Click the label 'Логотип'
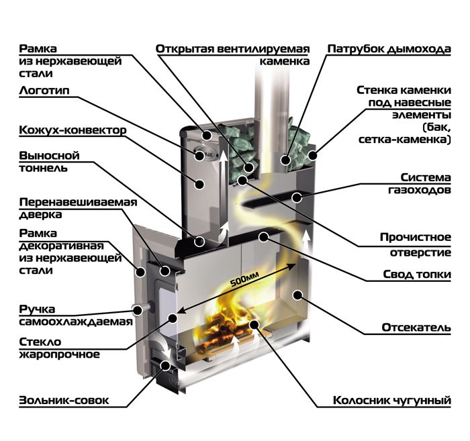pyautogui.click(x=44, y=91)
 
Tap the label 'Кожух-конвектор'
pyautogui.click(x=73, y=130)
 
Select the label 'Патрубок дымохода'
pyautogui.click(x=389, y=49)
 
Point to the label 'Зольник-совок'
pyautogui.click(x=64, y=400)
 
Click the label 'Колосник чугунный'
pyautogui.click(x=392, y=400)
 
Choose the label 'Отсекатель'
pyautogui.click(x=416, y=328)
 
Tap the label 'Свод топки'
pyautogui.click(x=417, y=274)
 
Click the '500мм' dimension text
pyautogui.click(x=244, y=279)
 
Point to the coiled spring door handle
pyautogui.click(x=141, y=308)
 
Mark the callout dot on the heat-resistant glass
pyautogui.click(x=173, y=318)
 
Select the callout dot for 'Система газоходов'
pyautogui.click(x=297, y=197)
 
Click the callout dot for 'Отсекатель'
pyautogui.click(x=297, y=295)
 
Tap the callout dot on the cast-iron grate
pyautogui.click(x=254, y=324)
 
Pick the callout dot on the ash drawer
pyautogui.click(x=165, y=365)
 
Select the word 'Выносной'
pyautogui.click(x=50, y=156)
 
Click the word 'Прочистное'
pyautogui.click(x=416, y=237)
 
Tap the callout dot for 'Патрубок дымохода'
pyautogui.click(x=286, y=160)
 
